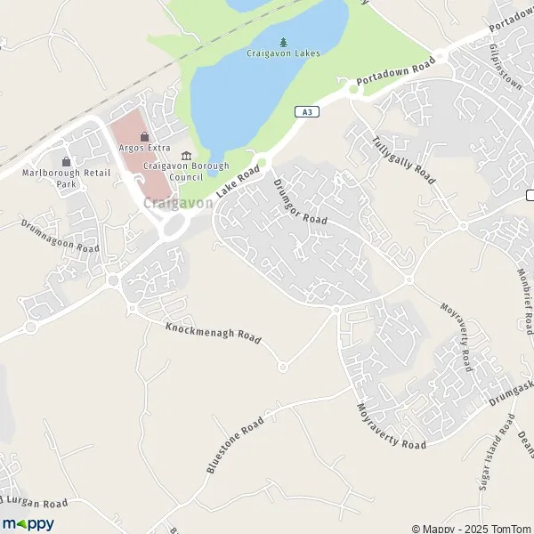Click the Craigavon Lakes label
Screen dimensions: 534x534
coord(283,53)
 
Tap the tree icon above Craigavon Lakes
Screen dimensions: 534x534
coord(283,41)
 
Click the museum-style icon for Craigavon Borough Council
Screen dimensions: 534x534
coord(186,155)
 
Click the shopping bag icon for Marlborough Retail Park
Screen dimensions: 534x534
coord(66,161)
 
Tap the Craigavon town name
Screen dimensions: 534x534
coord(177,204)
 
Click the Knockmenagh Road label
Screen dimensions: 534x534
coord(214,333)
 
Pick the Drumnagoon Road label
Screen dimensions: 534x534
coord(60,236)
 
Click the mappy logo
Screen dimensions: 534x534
coord(28,523)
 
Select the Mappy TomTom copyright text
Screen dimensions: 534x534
coord(471,527)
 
